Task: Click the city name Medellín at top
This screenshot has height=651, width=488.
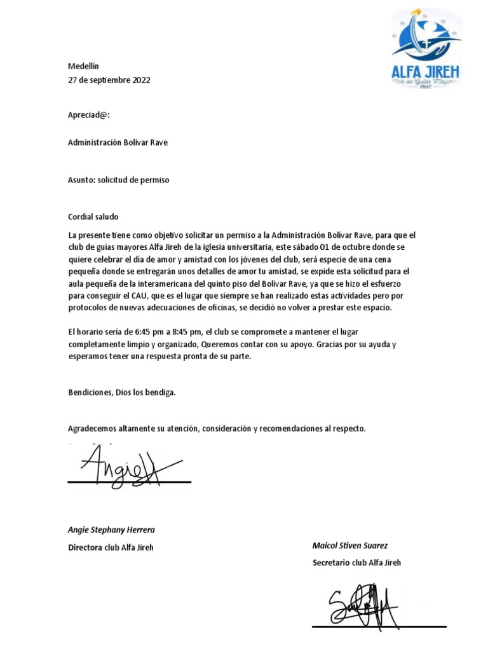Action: coord(84,66)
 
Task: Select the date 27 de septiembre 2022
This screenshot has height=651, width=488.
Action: coord(109,80)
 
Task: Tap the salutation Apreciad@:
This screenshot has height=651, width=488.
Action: coord(89,115)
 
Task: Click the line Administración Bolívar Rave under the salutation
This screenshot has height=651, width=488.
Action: coord(118,143)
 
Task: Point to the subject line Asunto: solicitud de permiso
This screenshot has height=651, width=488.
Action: coord(118,180)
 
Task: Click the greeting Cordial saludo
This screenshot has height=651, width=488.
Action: coord(93,217)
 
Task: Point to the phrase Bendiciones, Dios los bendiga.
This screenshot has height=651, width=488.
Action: coord(121,392)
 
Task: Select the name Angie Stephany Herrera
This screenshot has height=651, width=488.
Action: coord(111,530)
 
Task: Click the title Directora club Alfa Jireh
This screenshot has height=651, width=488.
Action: coord(111,547)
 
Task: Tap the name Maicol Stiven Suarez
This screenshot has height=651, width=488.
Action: coord(350,545)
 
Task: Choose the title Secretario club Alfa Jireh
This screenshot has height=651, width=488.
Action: coord(356,563)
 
